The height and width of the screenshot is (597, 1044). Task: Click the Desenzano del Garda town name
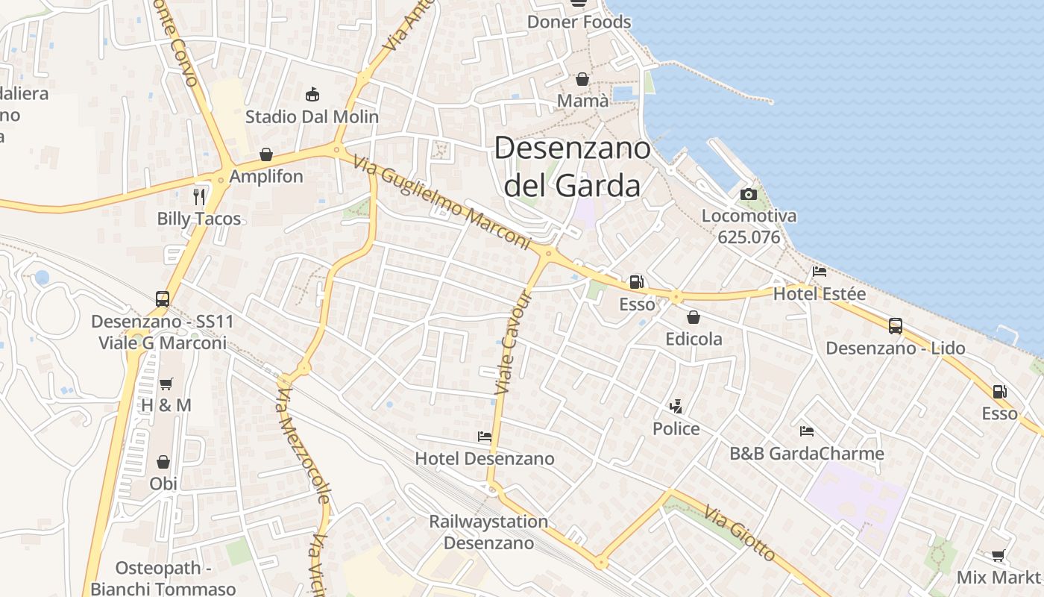coord(572,166)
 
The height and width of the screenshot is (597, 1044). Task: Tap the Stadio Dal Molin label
coord(312,117)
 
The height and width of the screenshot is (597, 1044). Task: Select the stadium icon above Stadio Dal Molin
coord(312,95)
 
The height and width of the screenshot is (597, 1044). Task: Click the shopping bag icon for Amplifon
coord(266,154)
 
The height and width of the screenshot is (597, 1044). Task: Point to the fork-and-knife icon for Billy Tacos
coord(199,196)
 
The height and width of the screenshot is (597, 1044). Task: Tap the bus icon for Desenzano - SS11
coord(163,299)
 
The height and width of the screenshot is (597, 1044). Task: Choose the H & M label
coord(166,405)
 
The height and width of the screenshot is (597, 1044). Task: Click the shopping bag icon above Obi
coord(163,462)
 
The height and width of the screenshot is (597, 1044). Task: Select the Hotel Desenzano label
coord(485,458)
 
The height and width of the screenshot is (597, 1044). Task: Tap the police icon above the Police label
coord(676,407)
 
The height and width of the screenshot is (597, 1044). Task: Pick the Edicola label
coord(694,339)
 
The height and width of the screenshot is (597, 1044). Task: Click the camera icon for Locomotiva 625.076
coord(749,194)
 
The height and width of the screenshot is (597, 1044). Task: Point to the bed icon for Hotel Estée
coord(820,272)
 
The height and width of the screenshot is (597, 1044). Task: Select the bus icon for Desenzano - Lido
coord(896,326)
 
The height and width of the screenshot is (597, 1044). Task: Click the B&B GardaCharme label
coord(807,453)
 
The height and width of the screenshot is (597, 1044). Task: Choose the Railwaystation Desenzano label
coord(488,531)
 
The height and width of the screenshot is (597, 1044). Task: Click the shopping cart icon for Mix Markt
coord(999,555)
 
